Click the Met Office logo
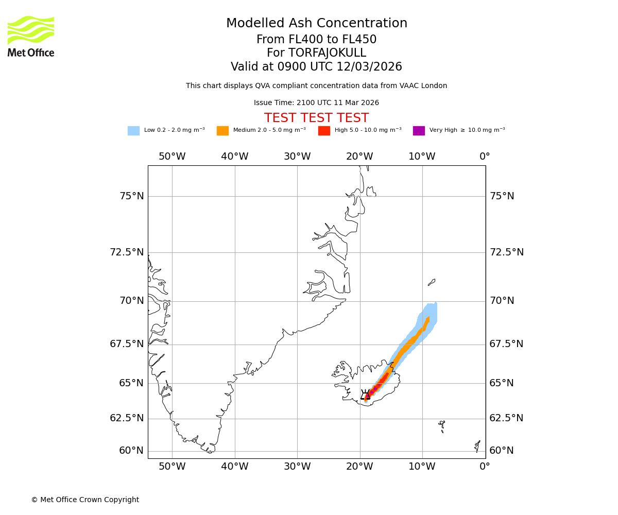[x=31, y=36]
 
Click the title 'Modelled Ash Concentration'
[x=316, y=24]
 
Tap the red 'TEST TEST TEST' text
[x=316, y=118]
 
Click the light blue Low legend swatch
[x=133, y=131]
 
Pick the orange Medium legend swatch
[x=222, y=131]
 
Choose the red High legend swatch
[x=324, y=131]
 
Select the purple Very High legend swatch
[x=419, y=131]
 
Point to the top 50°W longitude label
[x=172, y=157]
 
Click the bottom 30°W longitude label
[x=297, y=467]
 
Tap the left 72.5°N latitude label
[x=127, y=252]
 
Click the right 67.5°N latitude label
[x=506, y=344]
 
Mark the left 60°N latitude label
[x=131, y=451]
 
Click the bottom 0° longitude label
[x=485, y=467]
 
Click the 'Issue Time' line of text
[x=316, y=103]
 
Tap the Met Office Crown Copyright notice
[x=85, y=500]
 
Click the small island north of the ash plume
[x=432, y=282]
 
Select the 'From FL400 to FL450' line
[x=316, y=40]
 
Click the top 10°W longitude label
[x=422, y=157]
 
